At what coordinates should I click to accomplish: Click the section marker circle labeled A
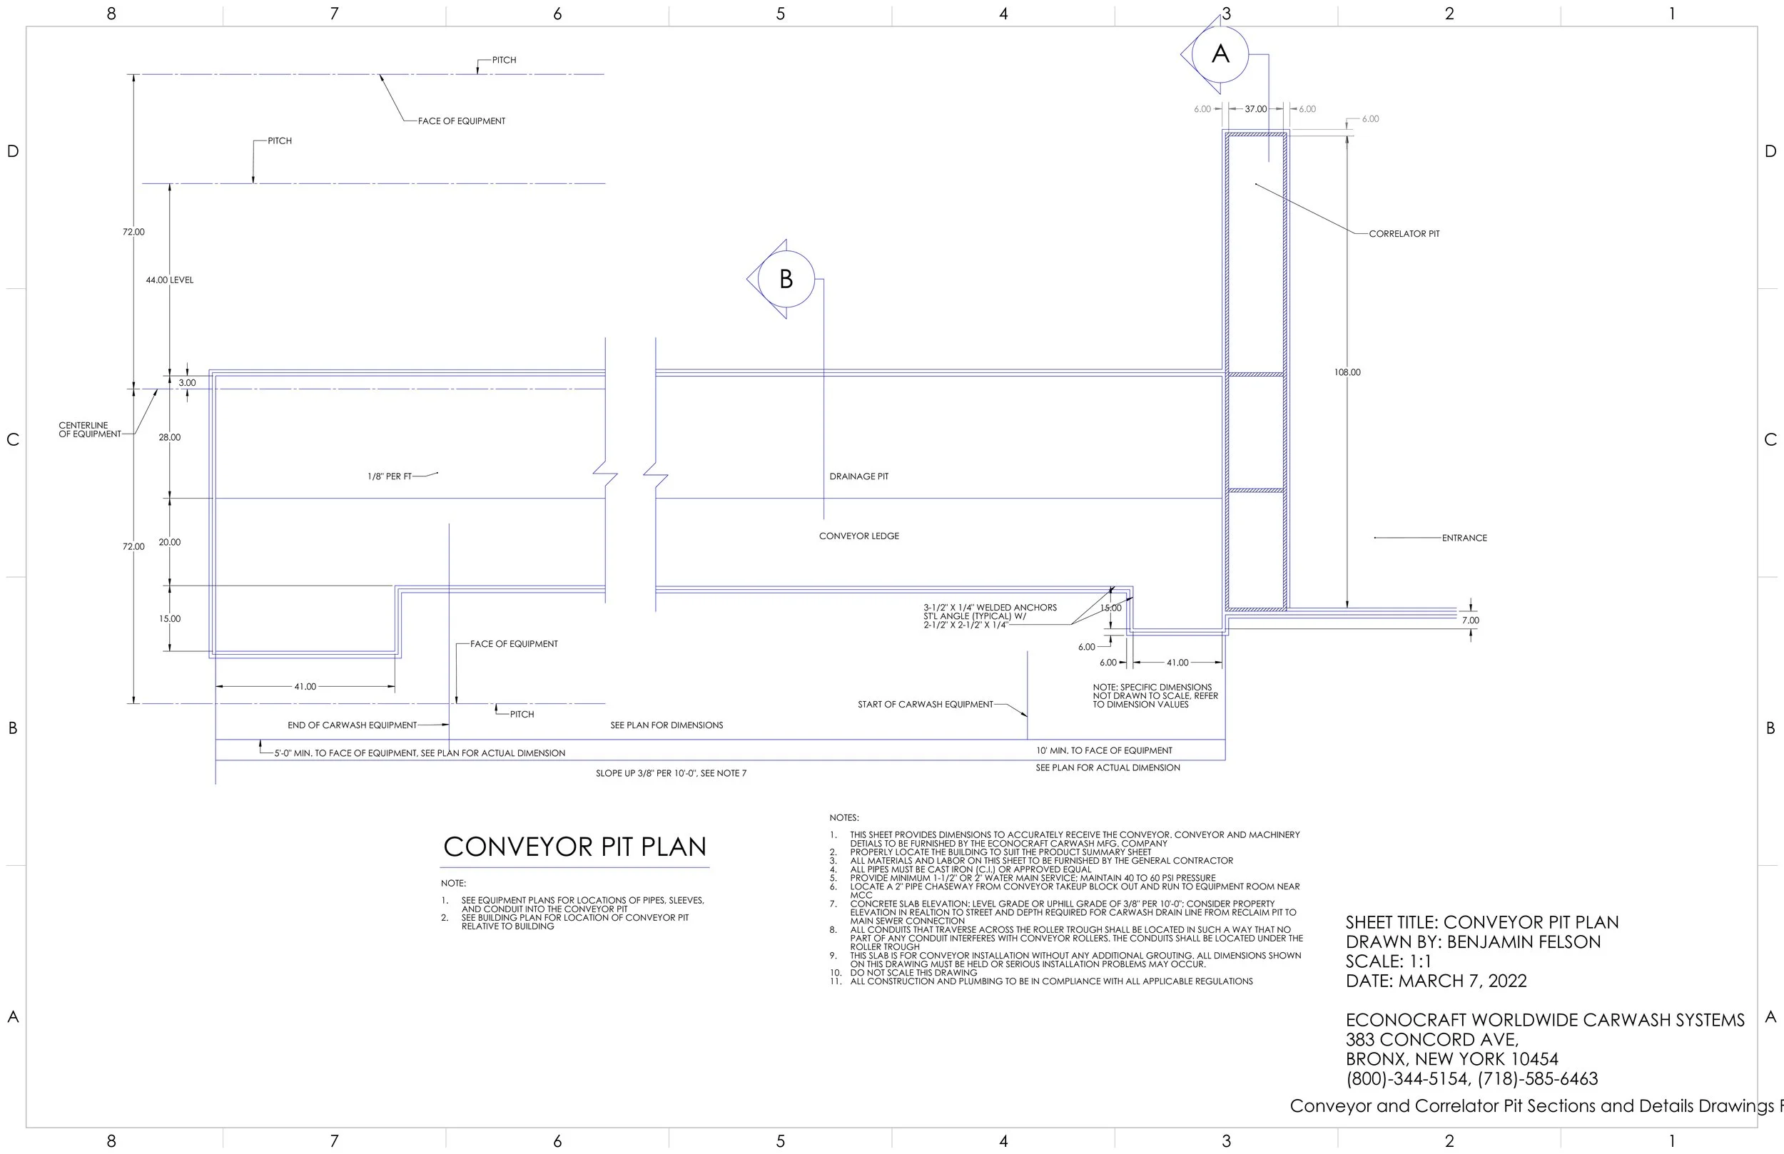point(1220,54)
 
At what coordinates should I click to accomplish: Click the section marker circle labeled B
point(786,279)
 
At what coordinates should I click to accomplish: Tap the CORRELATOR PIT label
point(1404,234)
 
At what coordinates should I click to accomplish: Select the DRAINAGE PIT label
point(858,476)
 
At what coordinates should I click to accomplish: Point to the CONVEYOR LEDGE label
point(858,536)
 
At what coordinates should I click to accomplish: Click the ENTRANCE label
point(1464,538)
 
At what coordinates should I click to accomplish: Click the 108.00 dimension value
point(1347,372)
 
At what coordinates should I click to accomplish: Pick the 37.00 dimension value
point(1255,109)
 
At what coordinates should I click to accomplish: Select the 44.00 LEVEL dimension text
point(169,280)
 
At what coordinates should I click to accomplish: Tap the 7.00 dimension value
point(1470,621)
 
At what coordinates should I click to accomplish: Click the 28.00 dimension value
point(169,438)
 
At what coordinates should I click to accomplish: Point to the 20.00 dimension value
point(169,543)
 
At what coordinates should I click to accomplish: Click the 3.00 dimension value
point(187,383)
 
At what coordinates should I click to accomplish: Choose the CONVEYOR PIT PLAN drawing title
point(575,847)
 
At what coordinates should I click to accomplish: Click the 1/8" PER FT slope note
point(390,476)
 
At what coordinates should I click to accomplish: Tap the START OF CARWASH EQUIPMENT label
point(925,705)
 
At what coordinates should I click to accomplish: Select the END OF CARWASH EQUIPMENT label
point(352,725)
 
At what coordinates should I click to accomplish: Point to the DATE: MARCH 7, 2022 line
point(1436,981)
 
